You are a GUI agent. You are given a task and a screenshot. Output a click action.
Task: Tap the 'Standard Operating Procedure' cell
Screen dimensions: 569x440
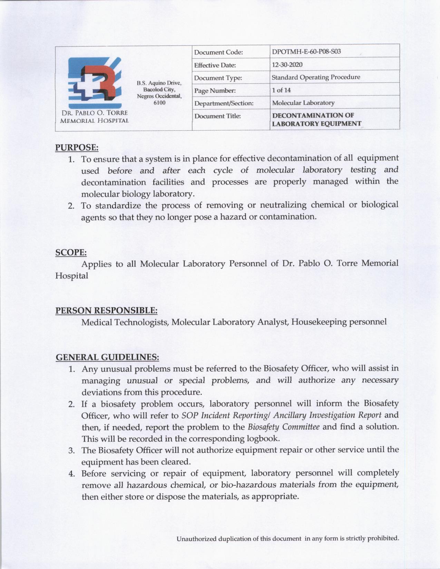316,77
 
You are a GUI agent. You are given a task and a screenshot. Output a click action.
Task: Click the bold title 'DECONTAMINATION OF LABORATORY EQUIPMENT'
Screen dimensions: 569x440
316,119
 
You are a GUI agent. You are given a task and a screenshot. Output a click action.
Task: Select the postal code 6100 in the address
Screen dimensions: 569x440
159,103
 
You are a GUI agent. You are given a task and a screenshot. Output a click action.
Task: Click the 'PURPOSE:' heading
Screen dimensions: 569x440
77,147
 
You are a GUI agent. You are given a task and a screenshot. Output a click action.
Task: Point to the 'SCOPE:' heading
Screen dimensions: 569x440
71,252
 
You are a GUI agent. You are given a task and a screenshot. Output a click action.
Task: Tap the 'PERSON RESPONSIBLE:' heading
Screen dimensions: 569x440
107,310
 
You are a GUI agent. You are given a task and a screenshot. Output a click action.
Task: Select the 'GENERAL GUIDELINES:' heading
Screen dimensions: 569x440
107,357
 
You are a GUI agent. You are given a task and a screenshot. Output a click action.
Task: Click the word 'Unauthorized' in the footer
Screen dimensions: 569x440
196,538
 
